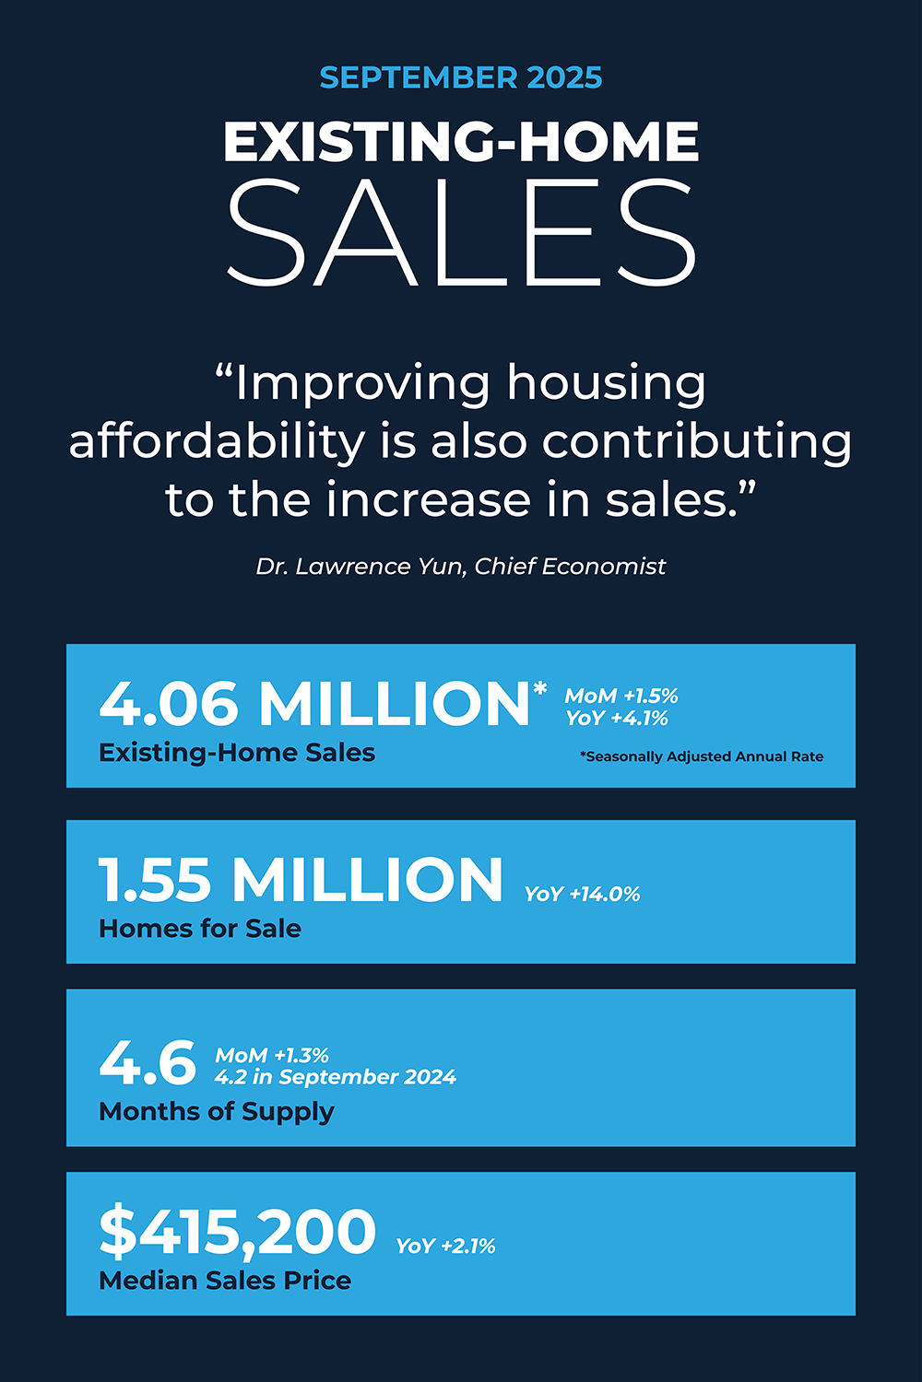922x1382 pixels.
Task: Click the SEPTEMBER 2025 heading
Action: click(461, 77)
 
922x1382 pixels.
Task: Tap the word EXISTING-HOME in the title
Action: click(461, 142)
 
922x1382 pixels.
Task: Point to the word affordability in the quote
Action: click(217, 441)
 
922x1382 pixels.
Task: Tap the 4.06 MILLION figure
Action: click(313, 705)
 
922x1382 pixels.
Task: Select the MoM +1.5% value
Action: click(621, 696)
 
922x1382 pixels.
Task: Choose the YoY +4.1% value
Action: click(617, 719)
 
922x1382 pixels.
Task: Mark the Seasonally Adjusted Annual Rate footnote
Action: click(702, 756)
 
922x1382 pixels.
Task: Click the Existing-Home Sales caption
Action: click(237, 753)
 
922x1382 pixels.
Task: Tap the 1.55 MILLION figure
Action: click(301, 880)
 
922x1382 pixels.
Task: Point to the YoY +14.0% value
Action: click(582, 894)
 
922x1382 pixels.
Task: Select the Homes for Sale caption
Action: click(200, 929)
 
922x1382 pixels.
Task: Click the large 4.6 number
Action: click(148, 1063)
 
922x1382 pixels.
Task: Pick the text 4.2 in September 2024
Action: click(336, 1077)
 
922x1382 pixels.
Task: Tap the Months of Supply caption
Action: click(217, 1112)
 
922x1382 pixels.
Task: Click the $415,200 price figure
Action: click(238, 1233)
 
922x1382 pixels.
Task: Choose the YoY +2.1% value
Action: click(445, 1247)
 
